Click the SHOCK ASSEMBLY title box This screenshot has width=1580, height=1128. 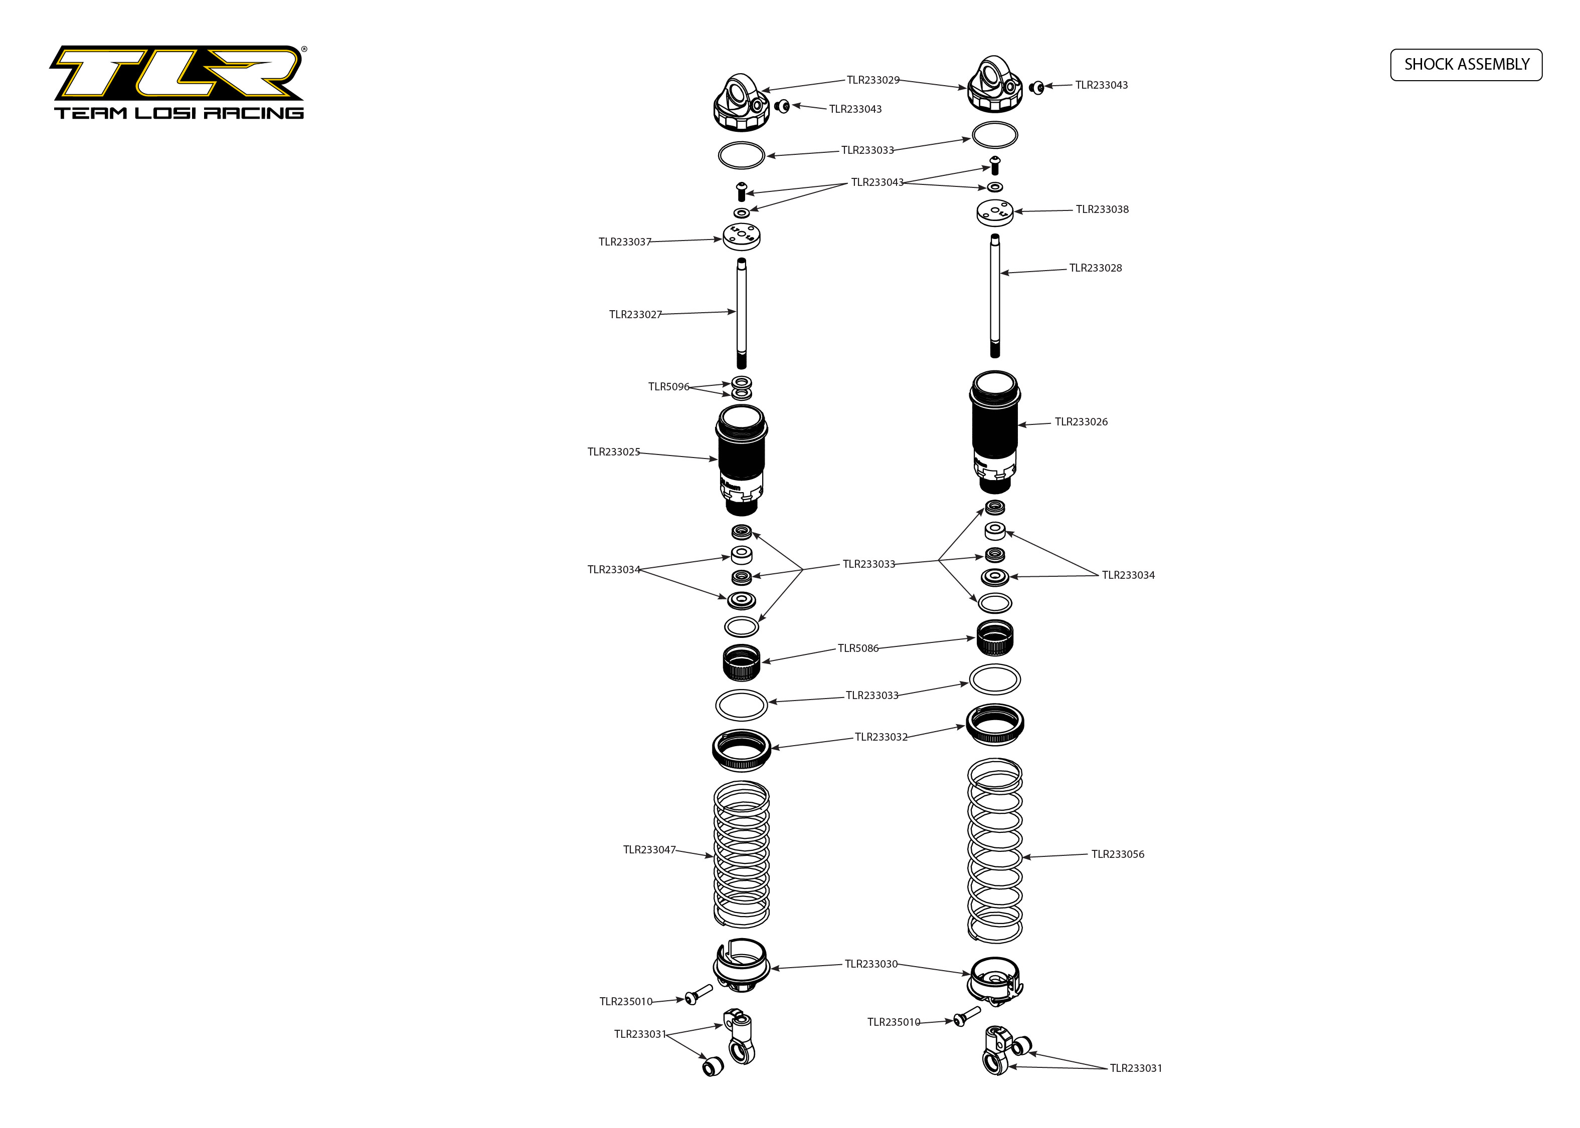coord(1466,65)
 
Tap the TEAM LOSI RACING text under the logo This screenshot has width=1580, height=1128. coord(179,113)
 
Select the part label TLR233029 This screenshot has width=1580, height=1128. coord(872,80)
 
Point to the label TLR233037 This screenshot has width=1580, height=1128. coord(625,242)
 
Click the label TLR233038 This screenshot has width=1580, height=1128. coord(1102,209)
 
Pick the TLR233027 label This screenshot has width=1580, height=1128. coord(635,315)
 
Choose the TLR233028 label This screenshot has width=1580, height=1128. coord(1095,268)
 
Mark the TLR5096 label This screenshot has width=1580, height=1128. coord(668,387)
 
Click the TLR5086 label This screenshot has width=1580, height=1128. coord(857,648)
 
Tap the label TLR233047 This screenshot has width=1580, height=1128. coord(649,849)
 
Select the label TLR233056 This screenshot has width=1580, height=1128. coord(1117,854)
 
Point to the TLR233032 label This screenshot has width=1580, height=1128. coord(881,737)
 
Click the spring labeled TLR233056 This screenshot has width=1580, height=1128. coord(994,850)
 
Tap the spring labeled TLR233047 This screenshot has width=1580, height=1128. coord(742,854)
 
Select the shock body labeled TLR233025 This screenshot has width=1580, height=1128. coord(742,459)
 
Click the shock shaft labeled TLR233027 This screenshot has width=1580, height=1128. coord(742,313)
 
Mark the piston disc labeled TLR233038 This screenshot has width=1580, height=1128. coord(994,212)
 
